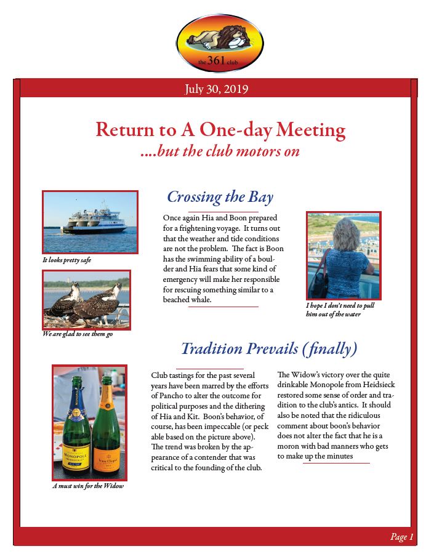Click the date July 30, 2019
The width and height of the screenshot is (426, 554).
[216, 89]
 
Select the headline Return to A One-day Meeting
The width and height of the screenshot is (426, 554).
[220, 130]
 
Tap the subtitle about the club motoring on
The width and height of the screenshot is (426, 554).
[220, 151]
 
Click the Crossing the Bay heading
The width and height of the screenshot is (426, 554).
[220, 197]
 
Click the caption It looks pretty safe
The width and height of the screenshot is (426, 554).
[66, 260]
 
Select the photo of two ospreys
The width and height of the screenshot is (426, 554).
[87, 299]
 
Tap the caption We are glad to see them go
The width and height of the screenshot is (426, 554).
[78, 334]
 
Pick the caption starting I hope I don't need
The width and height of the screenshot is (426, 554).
[340, 310]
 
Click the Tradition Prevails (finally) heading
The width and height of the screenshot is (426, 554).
[269, 349]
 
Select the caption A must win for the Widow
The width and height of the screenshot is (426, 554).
[88, 486]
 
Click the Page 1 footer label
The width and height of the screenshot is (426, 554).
[402, 537]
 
